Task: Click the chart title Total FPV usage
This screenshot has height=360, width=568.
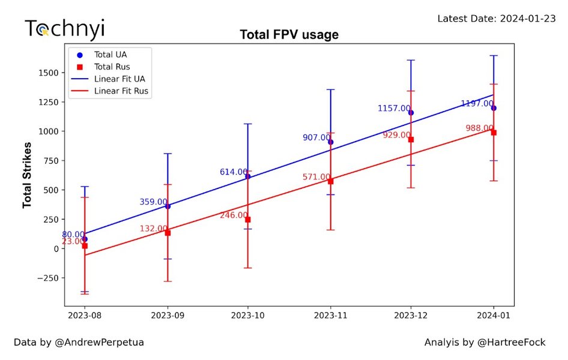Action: [x=289, y=35]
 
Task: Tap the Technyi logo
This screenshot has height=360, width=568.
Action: [x=64, y=28]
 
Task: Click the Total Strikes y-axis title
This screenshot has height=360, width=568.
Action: [x=28, y=171]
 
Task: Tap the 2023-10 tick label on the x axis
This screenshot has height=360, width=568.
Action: [x=247, y=314]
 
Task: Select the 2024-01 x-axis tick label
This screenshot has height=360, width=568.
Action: [x=493, y=314]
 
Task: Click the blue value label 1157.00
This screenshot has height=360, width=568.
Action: [x=394, y=109]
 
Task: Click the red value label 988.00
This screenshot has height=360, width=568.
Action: [x=480, y=128]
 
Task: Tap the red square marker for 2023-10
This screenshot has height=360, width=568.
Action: [x=248, y=220]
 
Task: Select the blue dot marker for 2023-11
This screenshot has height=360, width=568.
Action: [x=331, y=142]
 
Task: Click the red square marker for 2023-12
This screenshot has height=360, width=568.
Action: [x=411, y=139]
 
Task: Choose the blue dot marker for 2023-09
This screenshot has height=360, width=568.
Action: [x=168, y=206]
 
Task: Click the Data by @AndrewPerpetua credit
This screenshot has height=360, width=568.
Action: [x=79, y=343]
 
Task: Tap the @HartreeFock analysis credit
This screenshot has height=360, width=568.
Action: [x=485, y=343]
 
